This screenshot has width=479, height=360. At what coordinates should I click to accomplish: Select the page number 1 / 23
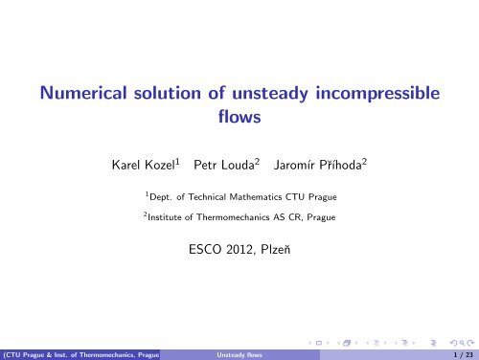(460, 352)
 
